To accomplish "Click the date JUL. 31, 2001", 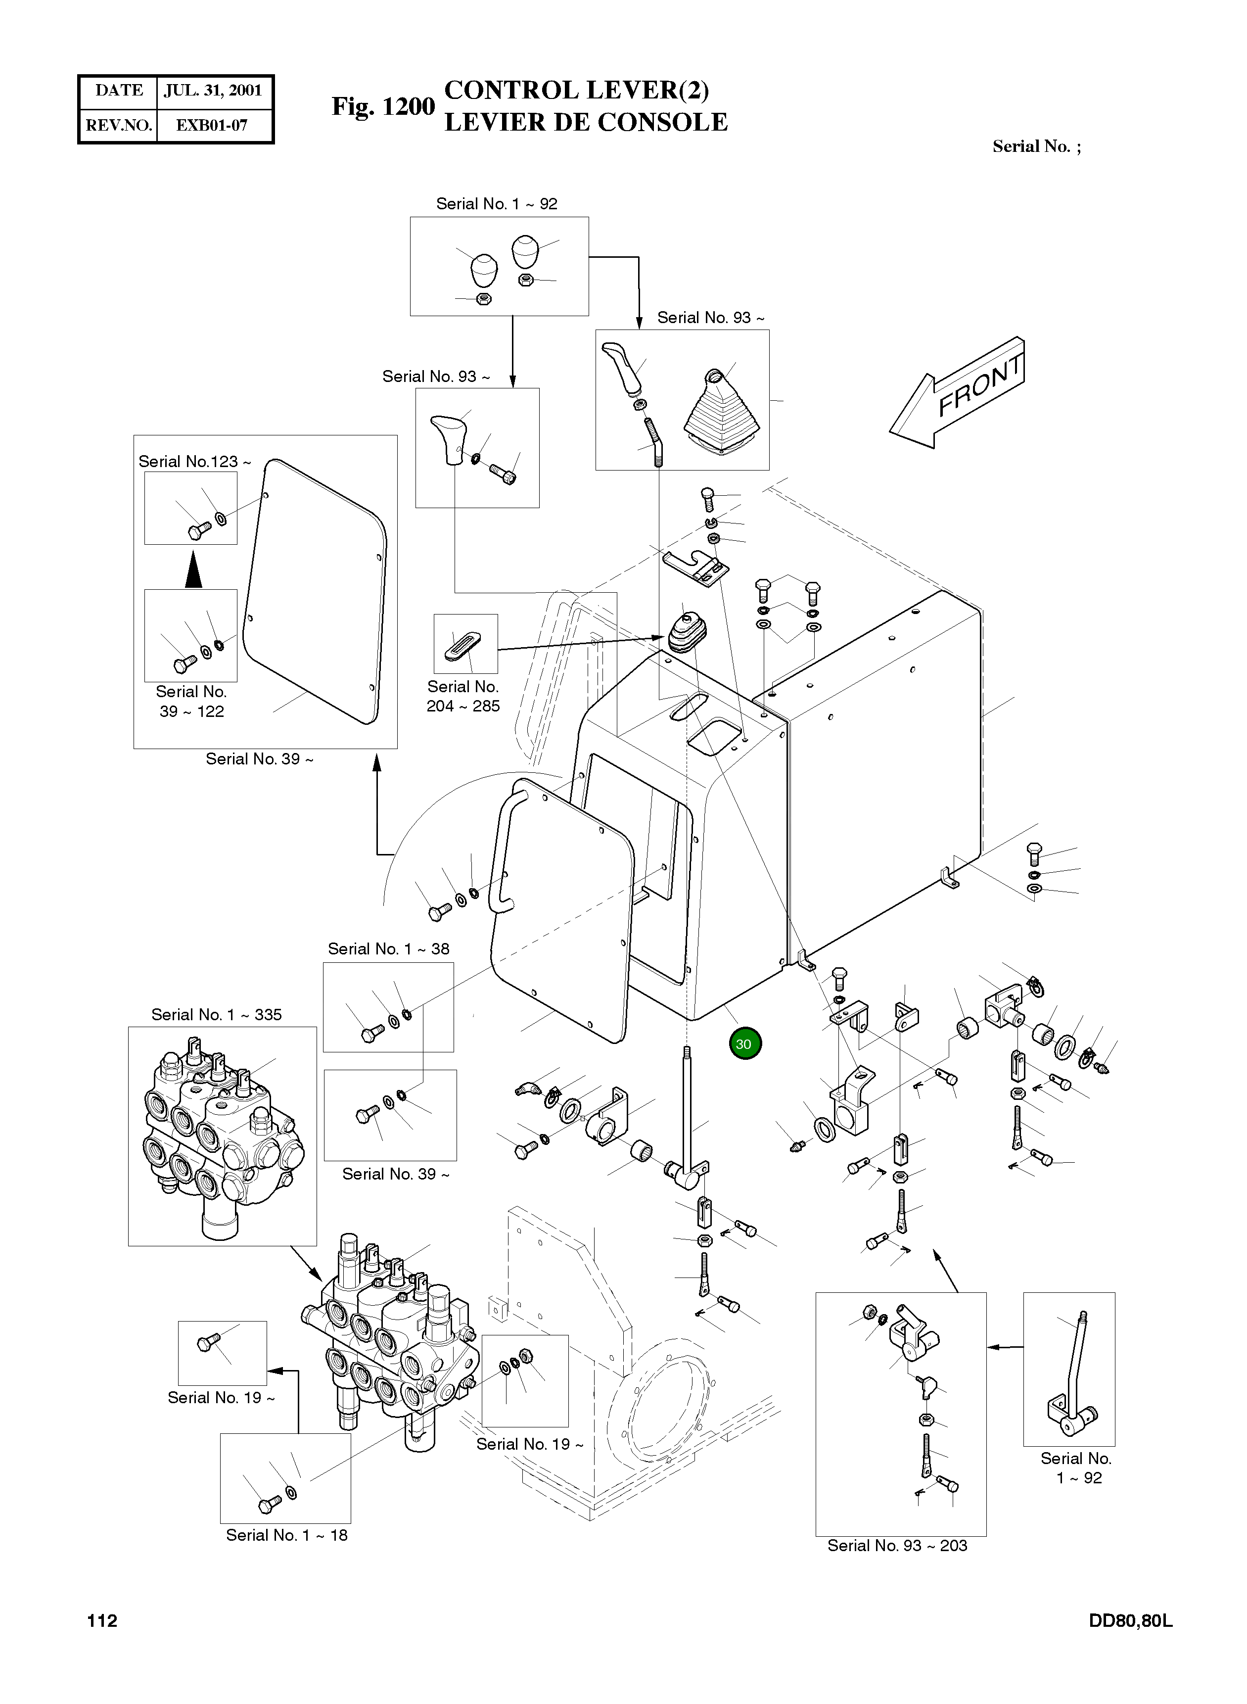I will (213, 91).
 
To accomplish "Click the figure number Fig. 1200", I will (383, 106).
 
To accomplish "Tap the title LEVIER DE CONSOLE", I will (586, 122).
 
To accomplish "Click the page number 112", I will (103, 1621).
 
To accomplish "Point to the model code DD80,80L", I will (1130, 1621).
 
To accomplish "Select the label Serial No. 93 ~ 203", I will (897, 1546).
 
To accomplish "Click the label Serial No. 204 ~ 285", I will (462, 696).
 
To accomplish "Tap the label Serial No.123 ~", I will (194, 461).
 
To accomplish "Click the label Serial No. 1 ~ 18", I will (287, 1535).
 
